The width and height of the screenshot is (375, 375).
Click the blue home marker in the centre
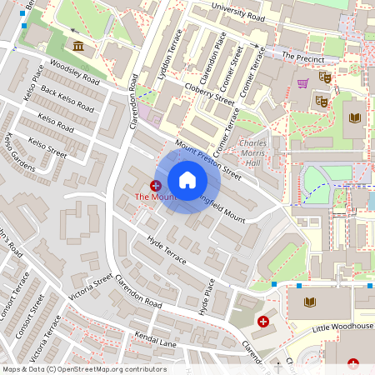(x=187, y=179)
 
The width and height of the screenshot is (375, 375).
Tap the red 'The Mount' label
(x=156, y=197)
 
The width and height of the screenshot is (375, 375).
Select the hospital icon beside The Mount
(x=156, y=184)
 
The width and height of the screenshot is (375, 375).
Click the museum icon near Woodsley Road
(x=77, y=45)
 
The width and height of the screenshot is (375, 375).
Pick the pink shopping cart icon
(x=302, y=83)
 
